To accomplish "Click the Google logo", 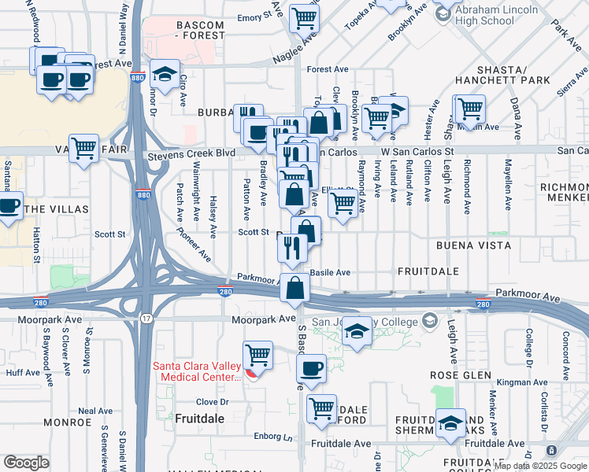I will point(26,463).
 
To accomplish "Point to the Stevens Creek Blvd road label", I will point(192,156).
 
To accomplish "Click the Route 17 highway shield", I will point(146,317).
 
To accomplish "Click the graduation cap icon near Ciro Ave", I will point(164,75).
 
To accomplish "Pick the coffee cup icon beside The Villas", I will point(8,207).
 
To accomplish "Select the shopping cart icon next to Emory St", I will point(304,17).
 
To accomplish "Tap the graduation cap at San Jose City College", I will point(357,331).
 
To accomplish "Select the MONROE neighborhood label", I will point(68,422).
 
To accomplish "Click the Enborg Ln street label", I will point(272,436).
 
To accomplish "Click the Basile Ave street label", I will point(330,272).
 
